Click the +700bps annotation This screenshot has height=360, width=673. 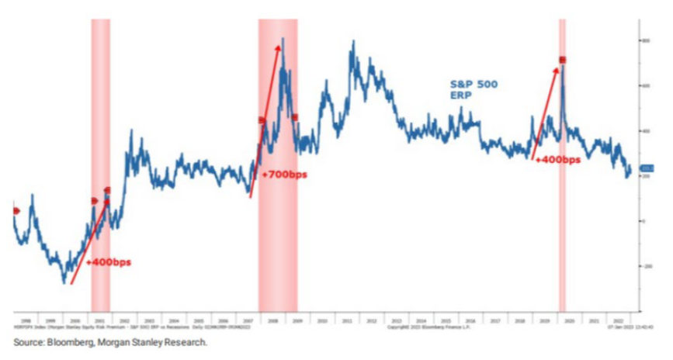click(284, 175)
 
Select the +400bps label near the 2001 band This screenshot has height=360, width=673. click(109, 262)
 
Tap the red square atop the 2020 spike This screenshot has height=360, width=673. click(562, 60)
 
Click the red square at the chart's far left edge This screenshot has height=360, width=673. click(16, 210)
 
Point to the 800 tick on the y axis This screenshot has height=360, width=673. click(644, 40)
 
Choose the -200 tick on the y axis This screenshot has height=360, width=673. click(644, 266)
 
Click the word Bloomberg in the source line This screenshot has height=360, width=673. click(67, 341)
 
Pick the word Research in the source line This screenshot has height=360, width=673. click(186, 341)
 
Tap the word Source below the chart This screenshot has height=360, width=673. click(27, 341)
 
